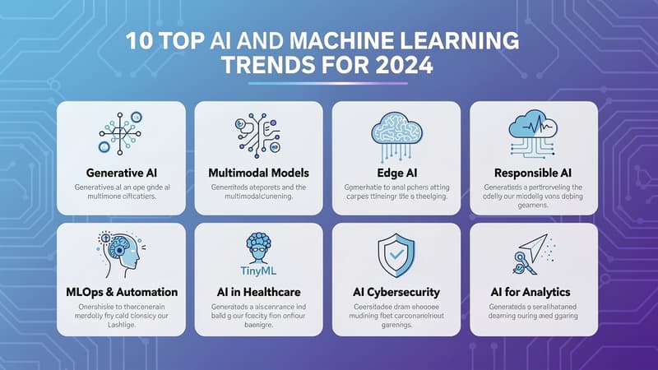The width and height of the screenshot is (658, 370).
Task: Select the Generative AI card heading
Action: pos(122,173)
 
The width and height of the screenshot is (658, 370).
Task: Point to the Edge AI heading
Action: pos(397,173)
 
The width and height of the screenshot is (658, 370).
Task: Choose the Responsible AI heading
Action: pos(533,173)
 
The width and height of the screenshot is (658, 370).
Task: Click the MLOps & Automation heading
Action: pos(122,292)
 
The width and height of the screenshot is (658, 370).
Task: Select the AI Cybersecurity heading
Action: pos(397,292)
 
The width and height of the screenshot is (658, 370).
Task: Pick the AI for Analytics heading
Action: pos(533,292)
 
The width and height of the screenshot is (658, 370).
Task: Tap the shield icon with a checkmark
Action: pos(397,255)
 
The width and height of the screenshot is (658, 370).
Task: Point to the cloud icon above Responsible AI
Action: pos(533,132)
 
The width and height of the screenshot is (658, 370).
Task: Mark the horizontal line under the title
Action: pos(329,83)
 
